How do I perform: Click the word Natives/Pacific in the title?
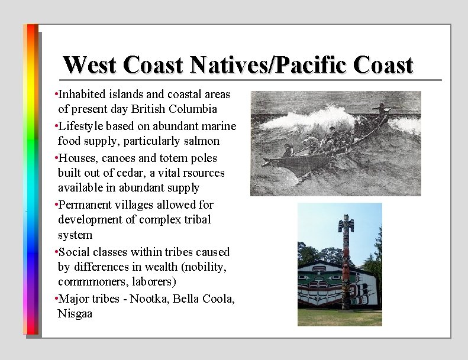pos(245,64)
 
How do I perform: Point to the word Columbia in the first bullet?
pos(193,109)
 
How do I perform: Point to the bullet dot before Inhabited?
pos(55,95)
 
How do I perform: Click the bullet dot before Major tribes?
pos(55,299)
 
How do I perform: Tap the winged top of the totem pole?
pos(345,223)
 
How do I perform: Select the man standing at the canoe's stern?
pos(383,109)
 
